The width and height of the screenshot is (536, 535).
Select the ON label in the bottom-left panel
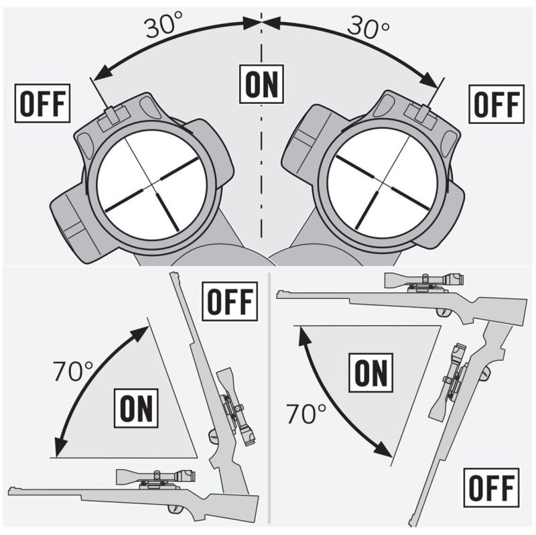(138, 407)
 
